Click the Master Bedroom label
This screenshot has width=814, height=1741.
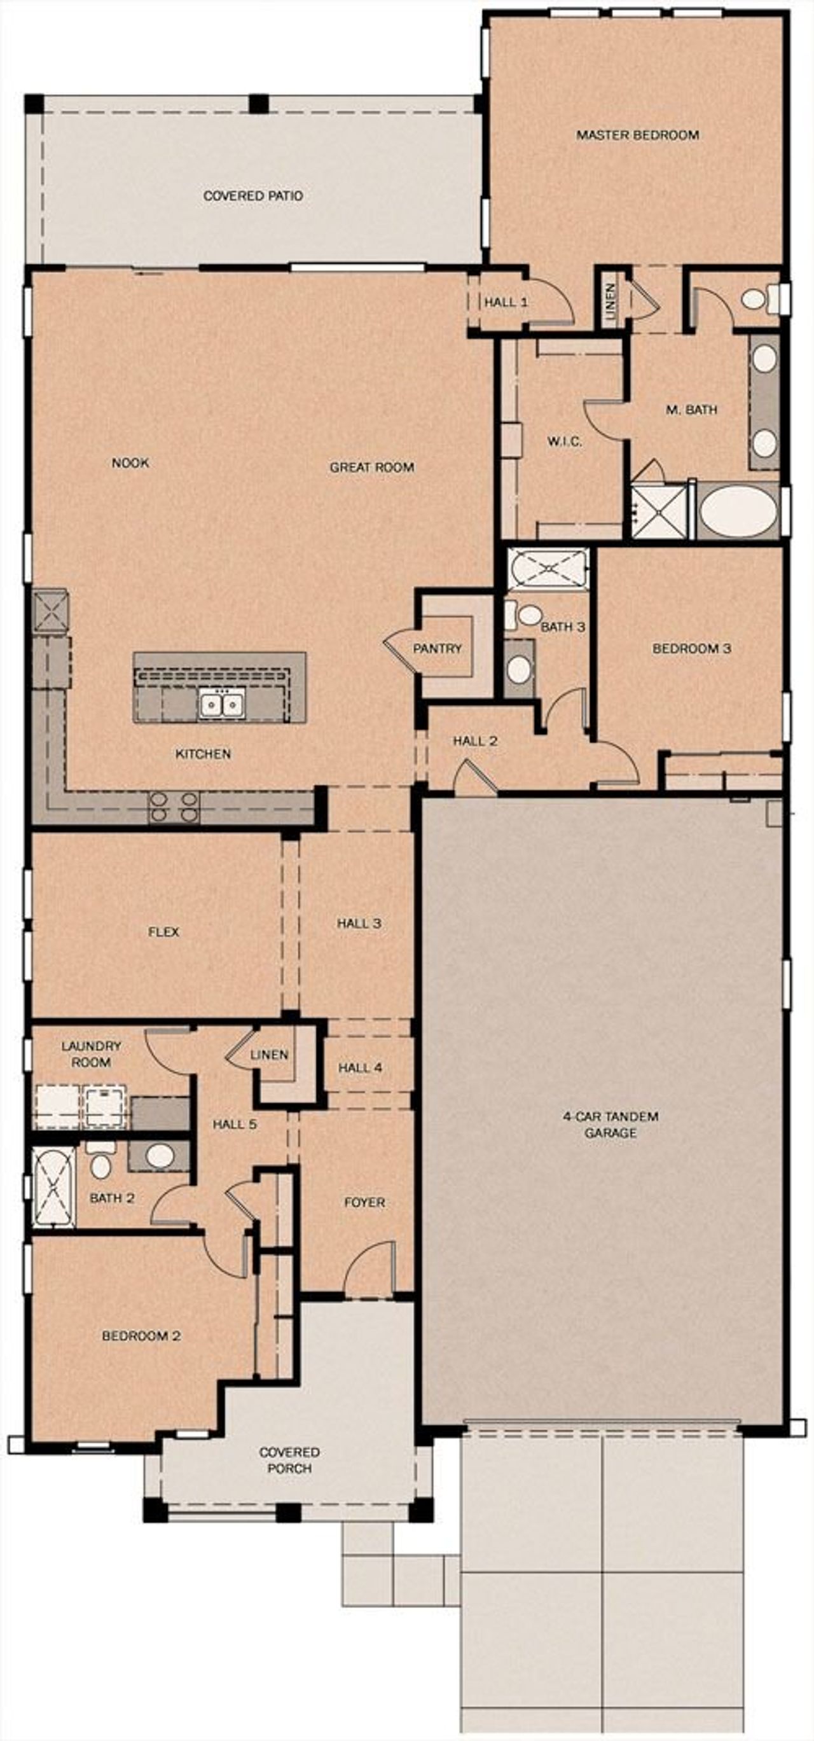(x=637, y=135)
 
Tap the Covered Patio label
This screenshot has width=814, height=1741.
(x=252, y=196)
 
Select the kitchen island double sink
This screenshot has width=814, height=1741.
(x=221, y=705)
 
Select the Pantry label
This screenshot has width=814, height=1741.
(x=437, y=649)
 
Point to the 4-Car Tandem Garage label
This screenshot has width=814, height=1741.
(x=610, y=1125)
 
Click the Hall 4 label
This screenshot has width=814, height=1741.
(x=360, y=1068)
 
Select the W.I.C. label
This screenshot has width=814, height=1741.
(x=564, y=442)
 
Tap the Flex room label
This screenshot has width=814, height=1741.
(x=163, y=932)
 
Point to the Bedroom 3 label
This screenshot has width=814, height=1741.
(x=691, y=649)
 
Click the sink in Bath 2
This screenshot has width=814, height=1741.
(x=160, y=1156)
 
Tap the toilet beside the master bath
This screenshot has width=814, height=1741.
(x=755, y=299)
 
